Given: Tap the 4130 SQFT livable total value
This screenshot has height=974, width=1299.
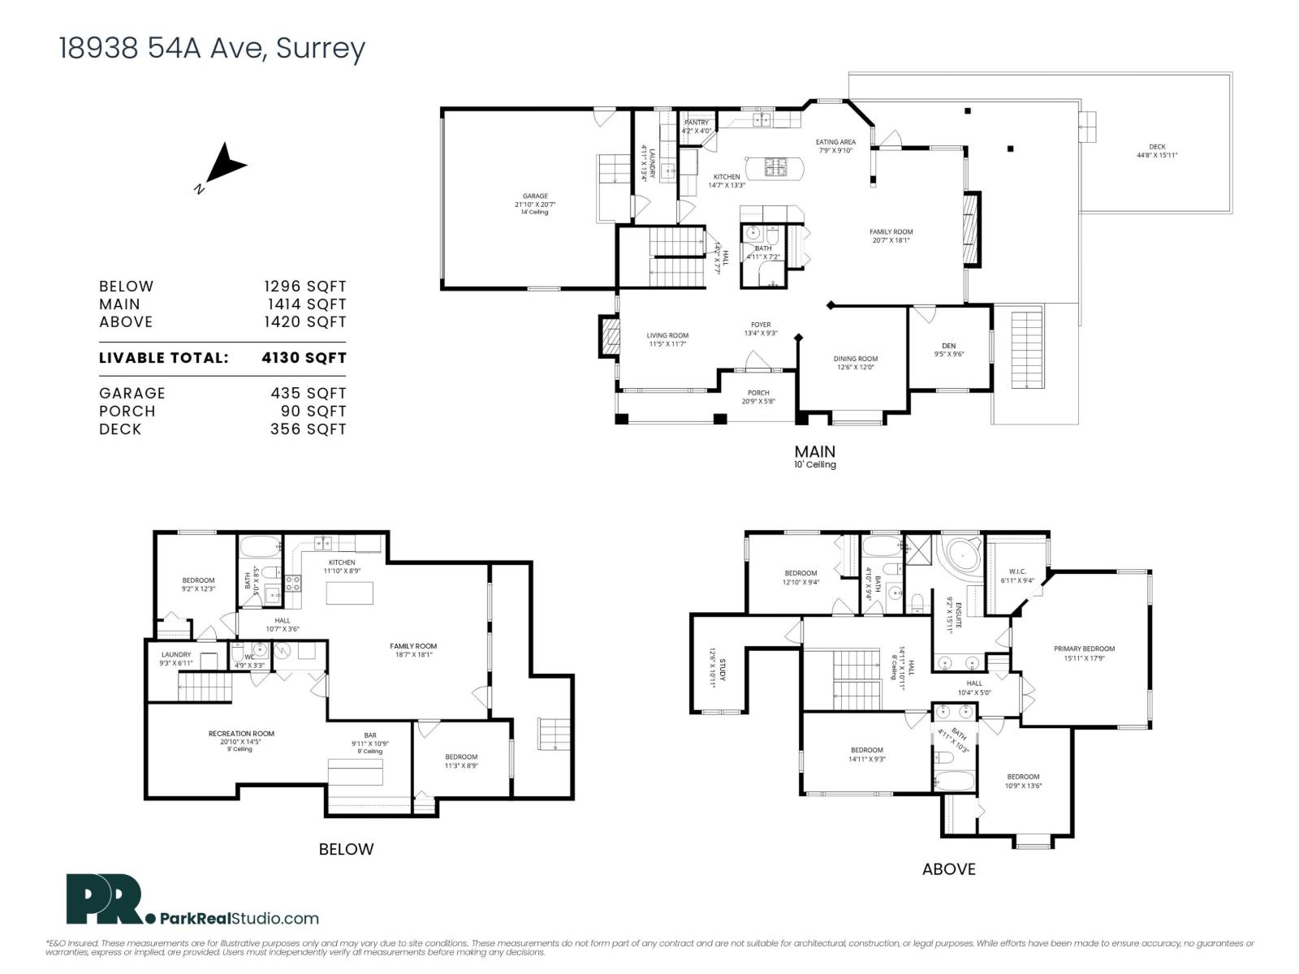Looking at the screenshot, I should (304, 358).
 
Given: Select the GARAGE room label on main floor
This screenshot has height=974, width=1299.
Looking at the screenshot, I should (535, 196).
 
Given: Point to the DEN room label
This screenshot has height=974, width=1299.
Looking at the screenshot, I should (948, 347).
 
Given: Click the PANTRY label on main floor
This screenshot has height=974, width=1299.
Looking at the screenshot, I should (696, 123).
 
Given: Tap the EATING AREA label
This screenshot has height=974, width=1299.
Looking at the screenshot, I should (835, 142).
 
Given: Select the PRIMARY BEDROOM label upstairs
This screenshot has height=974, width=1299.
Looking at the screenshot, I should (1084, 649).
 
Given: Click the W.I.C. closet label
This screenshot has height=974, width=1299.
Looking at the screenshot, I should (1017, 571).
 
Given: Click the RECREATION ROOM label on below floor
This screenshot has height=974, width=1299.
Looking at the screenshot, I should (241, 734).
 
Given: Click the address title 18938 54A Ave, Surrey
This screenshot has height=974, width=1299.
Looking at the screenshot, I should (212, 49).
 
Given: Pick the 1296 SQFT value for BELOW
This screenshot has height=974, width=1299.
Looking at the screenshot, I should (304, 287).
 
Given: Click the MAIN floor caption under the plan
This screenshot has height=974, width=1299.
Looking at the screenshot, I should (814, 451).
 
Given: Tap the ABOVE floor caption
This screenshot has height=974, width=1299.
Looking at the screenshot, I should (948, 869).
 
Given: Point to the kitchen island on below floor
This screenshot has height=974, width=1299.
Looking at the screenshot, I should (350, 593).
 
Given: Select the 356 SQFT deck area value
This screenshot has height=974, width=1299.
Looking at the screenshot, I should (308, 429).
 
